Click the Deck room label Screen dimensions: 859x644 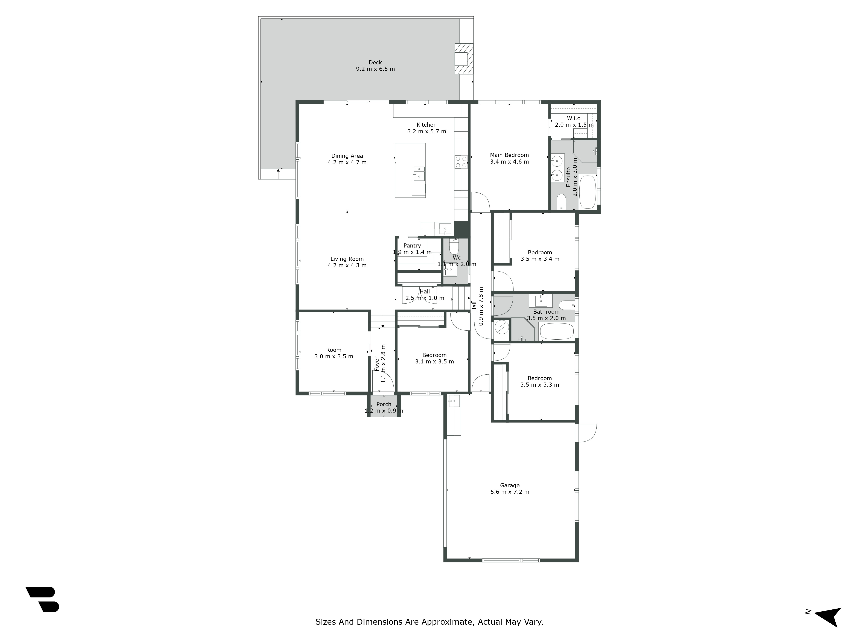[x=375, y=62]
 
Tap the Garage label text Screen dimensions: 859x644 [x=510, y=485]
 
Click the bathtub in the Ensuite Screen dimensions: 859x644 [x=587, y=192]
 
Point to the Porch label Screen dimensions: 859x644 [x=384, y=404]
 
